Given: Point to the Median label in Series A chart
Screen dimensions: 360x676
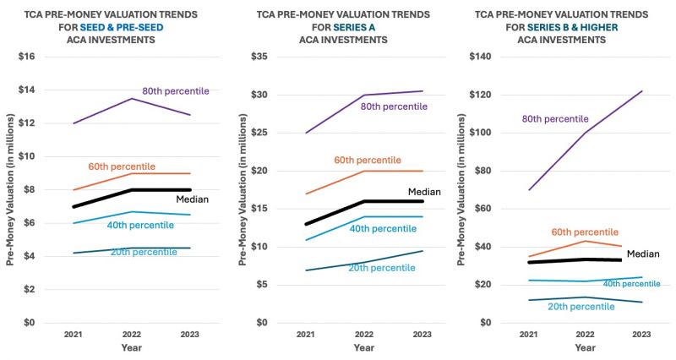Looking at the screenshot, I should [424, 192].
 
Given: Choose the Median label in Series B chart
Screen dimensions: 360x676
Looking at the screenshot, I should [642, 254].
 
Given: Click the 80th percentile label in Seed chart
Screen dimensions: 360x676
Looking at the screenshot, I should [175, 91].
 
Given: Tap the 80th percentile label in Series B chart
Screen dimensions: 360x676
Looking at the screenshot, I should [555, 119].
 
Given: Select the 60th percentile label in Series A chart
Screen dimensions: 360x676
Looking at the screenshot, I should [368, 160].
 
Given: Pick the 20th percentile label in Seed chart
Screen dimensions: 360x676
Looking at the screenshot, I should [144, 252].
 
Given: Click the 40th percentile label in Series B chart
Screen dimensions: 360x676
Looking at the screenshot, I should [631, 284].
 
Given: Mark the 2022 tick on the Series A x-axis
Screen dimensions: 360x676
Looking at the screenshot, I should [363, 334].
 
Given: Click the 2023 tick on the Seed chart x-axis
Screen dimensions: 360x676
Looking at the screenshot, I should [190, 334].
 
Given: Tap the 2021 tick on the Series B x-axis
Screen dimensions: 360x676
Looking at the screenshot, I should [529, 334].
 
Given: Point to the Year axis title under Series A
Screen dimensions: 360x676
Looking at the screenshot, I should [363, 347].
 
